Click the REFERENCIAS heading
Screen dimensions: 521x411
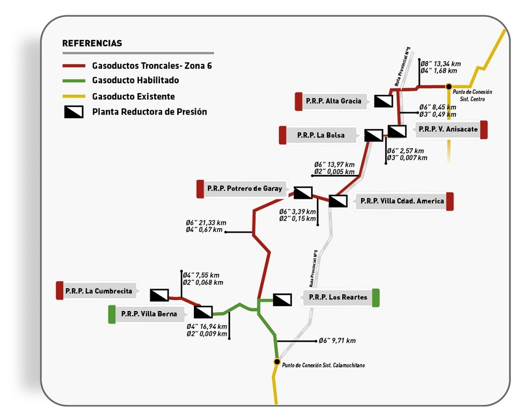click(x=92, y=43)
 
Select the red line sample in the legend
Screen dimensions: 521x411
click(x=74, y=66)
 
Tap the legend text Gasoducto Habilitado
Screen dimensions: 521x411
click(x=135, y=80)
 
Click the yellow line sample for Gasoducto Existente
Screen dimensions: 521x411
click(x=74, y=96)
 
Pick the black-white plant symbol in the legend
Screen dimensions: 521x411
click(x=74, y=112)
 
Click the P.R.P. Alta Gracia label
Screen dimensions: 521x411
click(x=333, y=101)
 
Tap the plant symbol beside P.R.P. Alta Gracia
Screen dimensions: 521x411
click(x=383, y=101)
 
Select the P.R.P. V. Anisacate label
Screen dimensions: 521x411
click(x=448, y=129)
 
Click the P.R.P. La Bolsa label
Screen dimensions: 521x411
click(x=320, y=135)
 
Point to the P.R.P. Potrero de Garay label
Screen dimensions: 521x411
click(x=244, y=189)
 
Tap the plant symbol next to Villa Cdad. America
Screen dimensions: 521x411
click(x=338, y=201)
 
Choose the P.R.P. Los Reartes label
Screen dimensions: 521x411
click(x=338, y=297)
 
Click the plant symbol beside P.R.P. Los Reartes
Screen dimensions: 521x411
click(x=282, y=300)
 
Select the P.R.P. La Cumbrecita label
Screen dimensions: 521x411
click(x=98, y=291)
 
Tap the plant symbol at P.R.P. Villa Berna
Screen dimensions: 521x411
click(x=203, y=313)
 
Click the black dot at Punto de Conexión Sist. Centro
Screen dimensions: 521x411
click(x=449, y=86)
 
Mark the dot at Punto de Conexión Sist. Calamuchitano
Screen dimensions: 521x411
click(x=277, y=362)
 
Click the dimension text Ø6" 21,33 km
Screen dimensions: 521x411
click(x=206, y=222)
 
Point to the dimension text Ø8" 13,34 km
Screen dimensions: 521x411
click(x=441, y=64)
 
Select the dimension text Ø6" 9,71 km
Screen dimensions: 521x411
click(x=337, y=341)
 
